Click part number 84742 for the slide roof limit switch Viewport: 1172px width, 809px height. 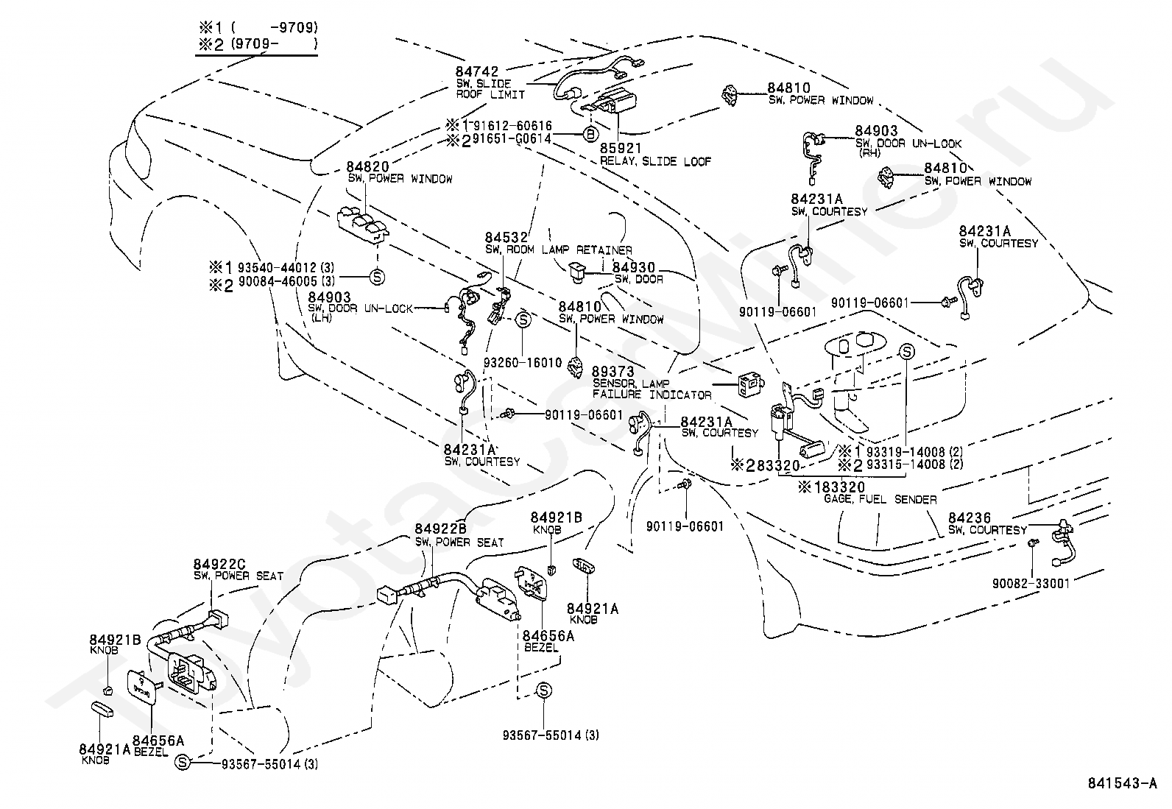point(476,71)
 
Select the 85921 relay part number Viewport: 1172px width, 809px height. point(621,148)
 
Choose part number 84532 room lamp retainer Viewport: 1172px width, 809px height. point(506,238)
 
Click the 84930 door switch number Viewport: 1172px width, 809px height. point(634,267)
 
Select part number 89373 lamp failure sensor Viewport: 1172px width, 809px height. point(613,372)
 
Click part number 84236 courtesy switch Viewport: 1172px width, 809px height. point(970,517)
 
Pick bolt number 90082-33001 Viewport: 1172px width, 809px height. point(1031,582)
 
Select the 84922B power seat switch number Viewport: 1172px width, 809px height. point(440,529)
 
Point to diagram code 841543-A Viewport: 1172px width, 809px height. point(1122,782)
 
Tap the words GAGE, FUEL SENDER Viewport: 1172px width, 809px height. point(880,499)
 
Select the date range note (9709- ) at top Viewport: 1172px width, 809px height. point(273,44)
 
